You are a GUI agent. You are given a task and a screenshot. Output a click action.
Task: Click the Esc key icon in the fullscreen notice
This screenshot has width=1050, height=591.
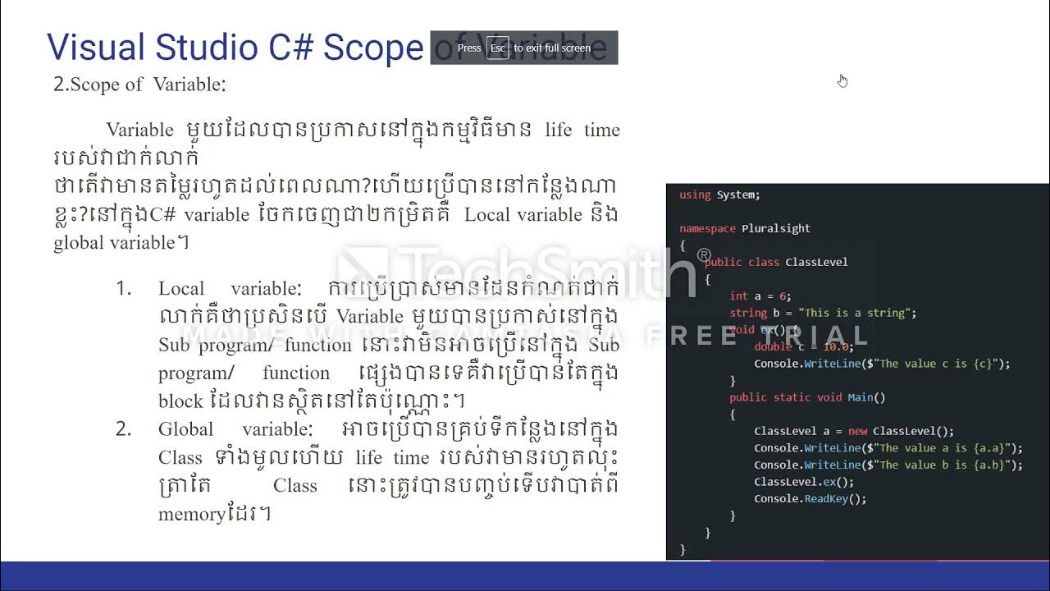click(x=497, y=48)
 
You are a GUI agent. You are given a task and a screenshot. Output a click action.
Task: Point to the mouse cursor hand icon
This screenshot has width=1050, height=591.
click(x=842, y=80)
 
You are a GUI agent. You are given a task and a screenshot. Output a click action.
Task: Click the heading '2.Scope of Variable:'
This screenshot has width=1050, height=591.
click(x=139, y=85)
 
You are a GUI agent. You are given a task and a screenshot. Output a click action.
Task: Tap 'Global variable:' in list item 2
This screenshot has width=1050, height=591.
click(x=235, y=429)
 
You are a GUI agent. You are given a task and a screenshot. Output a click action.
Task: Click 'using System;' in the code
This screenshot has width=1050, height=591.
click(x=719, y=195)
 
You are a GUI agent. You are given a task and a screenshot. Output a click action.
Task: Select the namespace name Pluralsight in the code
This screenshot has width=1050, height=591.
click(x=776, y=228)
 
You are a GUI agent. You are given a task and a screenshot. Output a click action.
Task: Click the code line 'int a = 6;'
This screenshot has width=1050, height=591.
click(x=760, y=295)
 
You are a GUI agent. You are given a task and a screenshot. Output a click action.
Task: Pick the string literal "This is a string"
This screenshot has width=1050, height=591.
click(x=853, y=313)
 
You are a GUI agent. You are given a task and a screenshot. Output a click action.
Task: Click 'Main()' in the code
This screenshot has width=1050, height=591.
click(x=866, y=397)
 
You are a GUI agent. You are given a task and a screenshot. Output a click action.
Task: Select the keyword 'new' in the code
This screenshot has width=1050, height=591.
click(x=857, y=431)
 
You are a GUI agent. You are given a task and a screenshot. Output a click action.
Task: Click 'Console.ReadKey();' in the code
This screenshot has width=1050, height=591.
click(x=810, y=498)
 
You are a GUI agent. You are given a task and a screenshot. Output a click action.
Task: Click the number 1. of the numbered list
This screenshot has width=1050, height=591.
click(x=123, y=289)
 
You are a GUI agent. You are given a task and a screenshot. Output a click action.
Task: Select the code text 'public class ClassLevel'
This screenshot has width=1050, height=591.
click(x=775, y=262)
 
